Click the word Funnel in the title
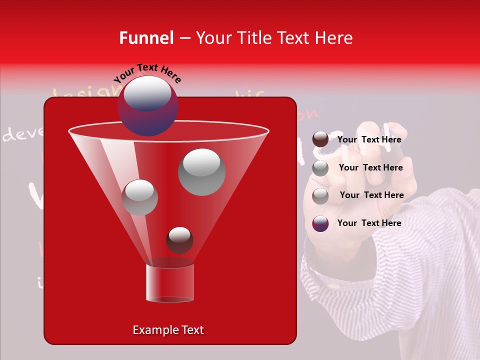tap(146, 38)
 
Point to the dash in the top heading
tap(184, 38)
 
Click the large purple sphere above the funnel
tap(147, 106)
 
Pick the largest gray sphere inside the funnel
tap(201, 171)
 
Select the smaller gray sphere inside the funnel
tap(139, 197)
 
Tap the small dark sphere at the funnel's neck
tap(179, 240)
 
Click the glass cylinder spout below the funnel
tap(169, 283)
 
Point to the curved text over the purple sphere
tap(147, 73)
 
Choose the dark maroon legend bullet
tap(320, 139)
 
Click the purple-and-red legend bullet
tap(320, 223)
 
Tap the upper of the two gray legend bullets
tap(320, 168)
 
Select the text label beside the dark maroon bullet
tap(369, 139)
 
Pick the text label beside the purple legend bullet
tap(369, 223)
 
